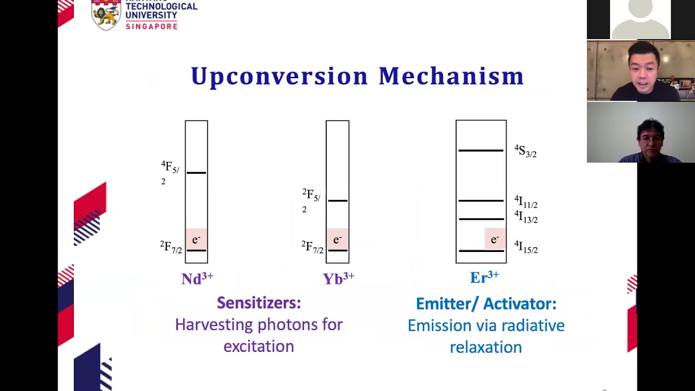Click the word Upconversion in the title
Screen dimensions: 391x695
[280, 76]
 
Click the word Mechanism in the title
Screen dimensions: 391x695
[451, 76]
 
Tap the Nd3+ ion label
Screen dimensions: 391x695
[197, 279]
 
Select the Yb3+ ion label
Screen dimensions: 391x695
[338, 279]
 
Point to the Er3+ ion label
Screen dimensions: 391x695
[484, 278]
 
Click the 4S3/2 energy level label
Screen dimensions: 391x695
[526, 151]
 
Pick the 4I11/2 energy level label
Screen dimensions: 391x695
[526, 202]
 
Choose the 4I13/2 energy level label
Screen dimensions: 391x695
[526, 217]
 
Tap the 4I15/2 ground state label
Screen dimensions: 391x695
[526, 248]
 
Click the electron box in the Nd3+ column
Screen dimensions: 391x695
[196, 239]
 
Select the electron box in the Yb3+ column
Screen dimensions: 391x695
[337, 239]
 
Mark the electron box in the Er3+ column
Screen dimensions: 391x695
[495, 239]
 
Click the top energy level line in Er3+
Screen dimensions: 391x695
[481, 150]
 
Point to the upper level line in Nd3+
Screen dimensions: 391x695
[196, 173]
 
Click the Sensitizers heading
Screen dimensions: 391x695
[258, 303]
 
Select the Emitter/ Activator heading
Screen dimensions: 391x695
[486, 304]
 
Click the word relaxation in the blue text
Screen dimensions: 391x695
[485, 347]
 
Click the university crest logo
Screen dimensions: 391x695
[106, 15]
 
